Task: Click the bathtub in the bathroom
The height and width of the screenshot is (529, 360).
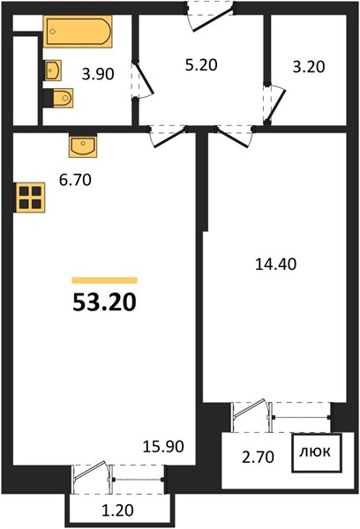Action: (x=78, y=32)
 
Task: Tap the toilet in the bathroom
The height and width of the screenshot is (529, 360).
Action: (x=58, y=98)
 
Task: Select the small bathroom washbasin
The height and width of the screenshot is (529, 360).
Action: (x=53, y=71)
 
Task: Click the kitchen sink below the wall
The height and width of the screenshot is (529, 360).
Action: (x=83, y=145)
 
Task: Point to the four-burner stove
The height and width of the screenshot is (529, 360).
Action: (x=30, y=197)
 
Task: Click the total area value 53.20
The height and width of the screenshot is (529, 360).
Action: (x=105, y=302)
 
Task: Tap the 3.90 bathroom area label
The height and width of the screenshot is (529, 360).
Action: (x=98, y=74)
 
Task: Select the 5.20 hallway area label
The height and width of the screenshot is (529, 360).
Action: (x=201, y=64)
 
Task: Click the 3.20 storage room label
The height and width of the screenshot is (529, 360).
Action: (x=309, y=67)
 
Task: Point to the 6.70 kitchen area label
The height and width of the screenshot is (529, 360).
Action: (x=75, y=180)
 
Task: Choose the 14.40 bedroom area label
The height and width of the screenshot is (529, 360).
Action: (x=276, y=264)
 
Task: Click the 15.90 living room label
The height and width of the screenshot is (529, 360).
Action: (x=163, y=446)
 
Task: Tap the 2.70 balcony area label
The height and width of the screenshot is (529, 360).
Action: (x=259, y=458)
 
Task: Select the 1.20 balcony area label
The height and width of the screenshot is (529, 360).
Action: (x=118, y=510)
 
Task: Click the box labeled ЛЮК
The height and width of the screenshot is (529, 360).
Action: (x=317, y=453)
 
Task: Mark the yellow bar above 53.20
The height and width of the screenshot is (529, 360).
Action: (x=105, y=280)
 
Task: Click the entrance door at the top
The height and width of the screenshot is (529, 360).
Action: (x=210, y=16)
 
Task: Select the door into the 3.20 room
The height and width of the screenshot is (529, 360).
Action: (x=274, y=104)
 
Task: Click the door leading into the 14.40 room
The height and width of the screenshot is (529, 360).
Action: (x=235, y=137)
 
